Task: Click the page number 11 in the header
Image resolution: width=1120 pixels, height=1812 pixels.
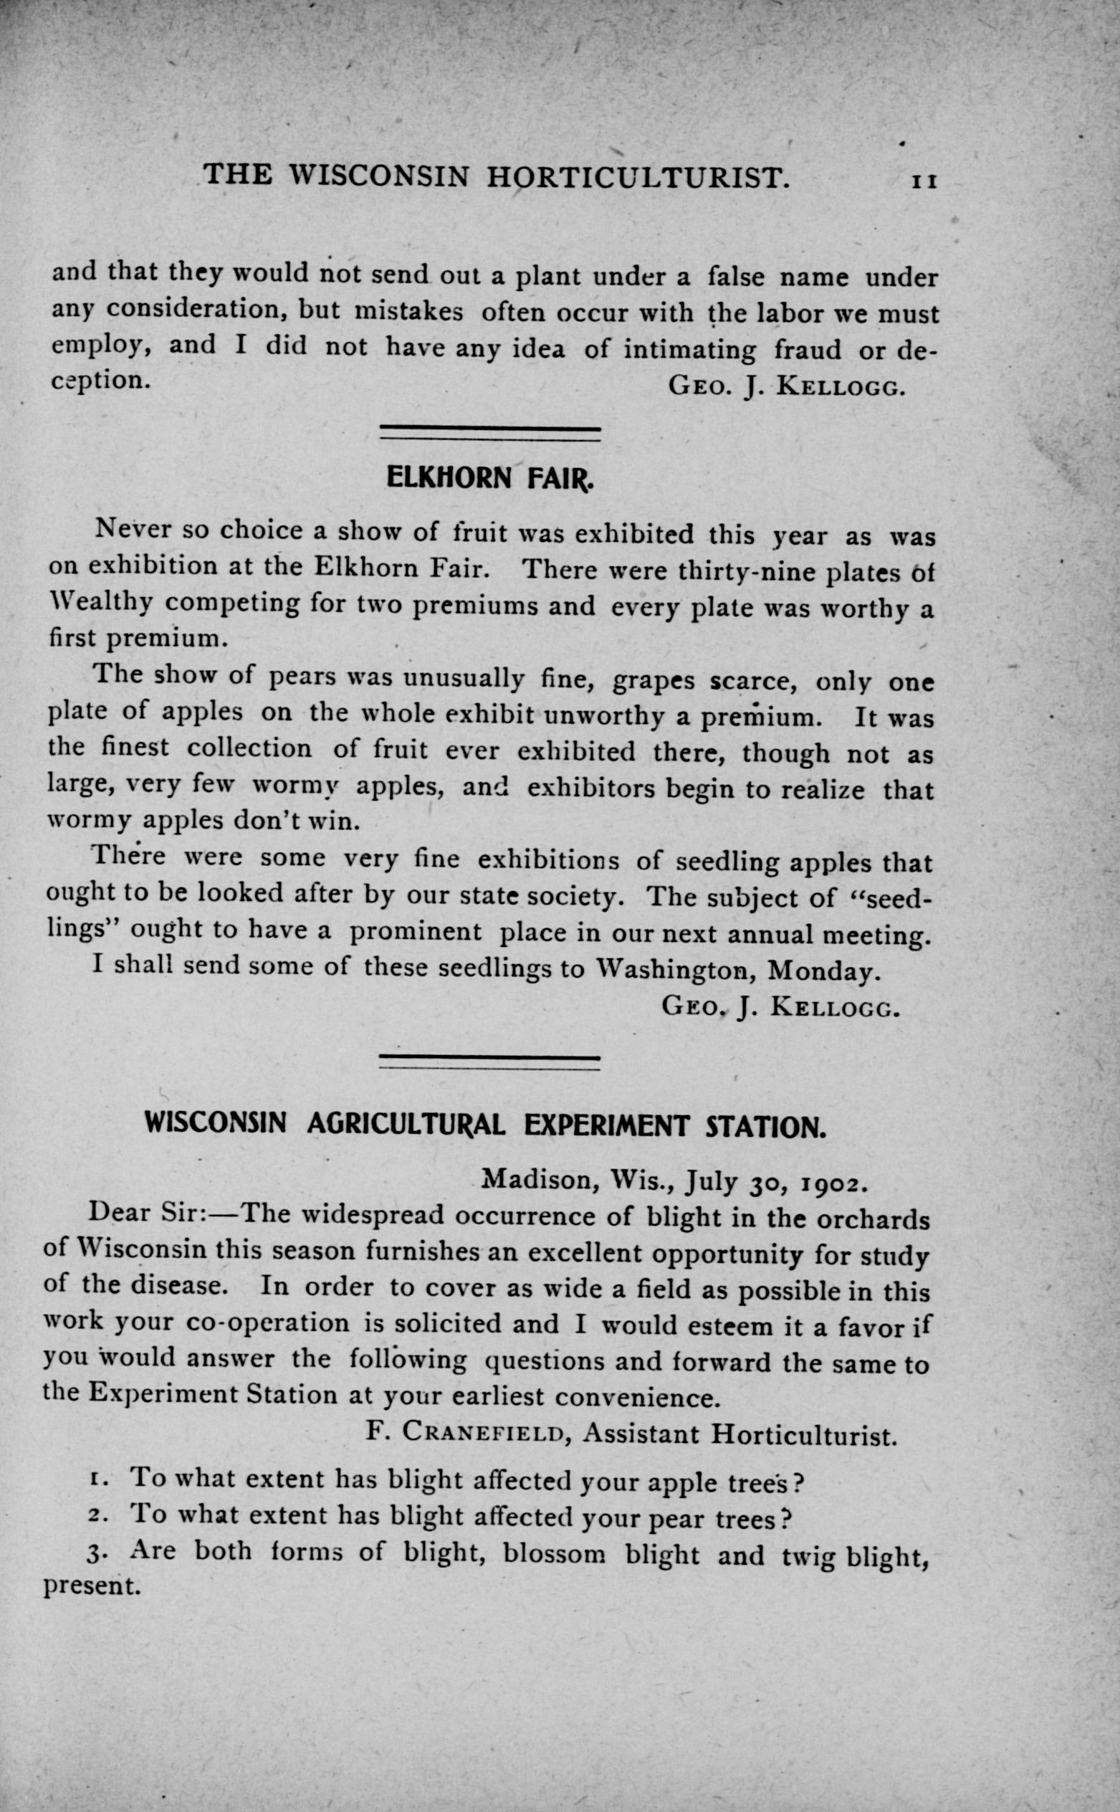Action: point(924,181)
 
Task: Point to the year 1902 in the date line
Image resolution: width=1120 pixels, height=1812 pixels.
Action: point(831,1180)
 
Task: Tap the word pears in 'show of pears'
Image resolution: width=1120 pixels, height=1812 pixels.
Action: point(304,677)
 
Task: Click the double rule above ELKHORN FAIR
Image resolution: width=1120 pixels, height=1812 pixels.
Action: point(489,433)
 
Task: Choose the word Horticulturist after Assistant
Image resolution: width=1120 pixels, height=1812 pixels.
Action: point(804,1435)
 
